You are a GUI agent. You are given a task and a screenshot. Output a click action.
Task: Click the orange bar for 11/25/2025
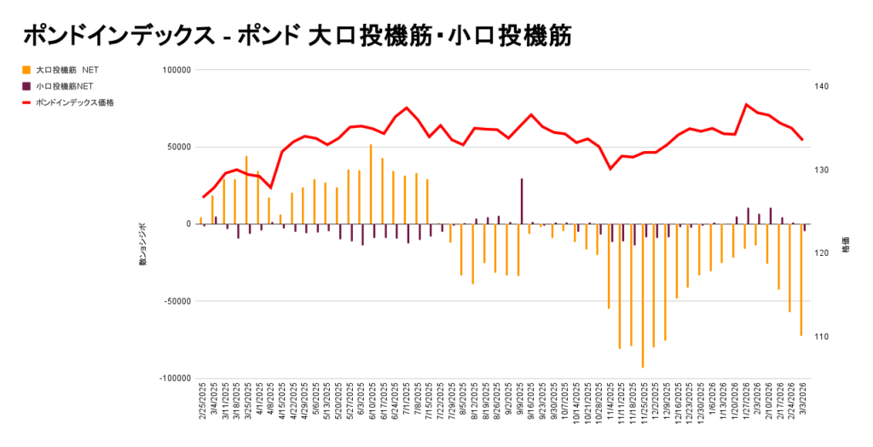[642, 295]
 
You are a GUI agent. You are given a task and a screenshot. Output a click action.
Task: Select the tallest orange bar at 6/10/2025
[371, 184]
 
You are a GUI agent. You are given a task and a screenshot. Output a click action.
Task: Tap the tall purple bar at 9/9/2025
[522, 201]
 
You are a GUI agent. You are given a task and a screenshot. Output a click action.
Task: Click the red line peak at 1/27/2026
[747, 105]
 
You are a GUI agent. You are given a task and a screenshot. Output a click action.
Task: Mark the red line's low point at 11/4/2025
[610, 169]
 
